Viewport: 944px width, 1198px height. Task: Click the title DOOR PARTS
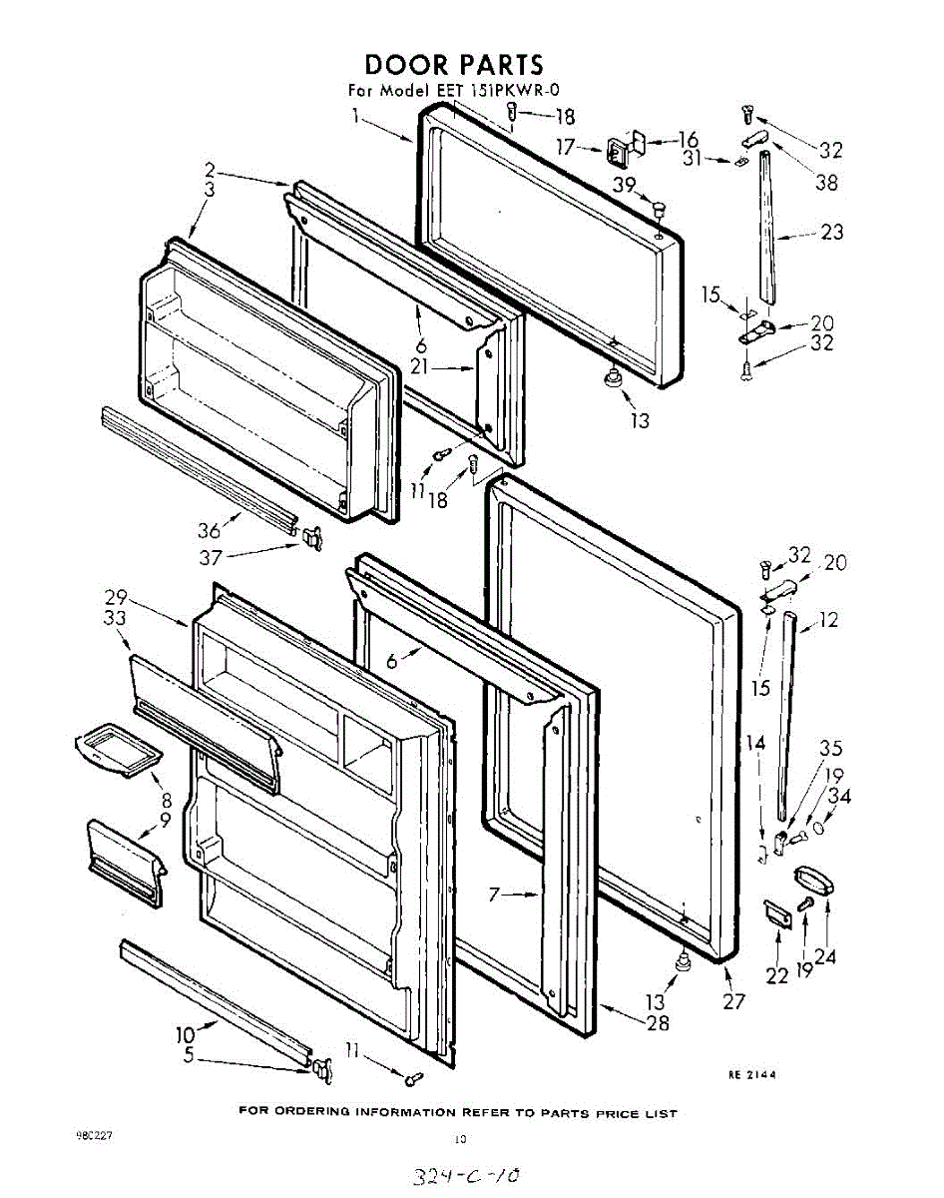click(x=453, y=66)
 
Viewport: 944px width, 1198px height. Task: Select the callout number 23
click(x=831, y=232)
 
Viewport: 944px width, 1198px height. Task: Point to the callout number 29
click(x=116, y=598)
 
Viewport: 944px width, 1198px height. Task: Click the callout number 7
click(x=493, y=895)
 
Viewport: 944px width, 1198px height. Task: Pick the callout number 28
click(x=657, y=1022)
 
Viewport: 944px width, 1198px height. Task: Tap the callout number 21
click(x=420, y=366)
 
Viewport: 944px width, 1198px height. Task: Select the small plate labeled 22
click(x=776, y=912)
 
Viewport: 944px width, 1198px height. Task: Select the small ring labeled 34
click(x=819, y=829)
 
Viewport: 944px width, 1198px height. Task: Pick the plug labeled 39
click(x=660, y=209)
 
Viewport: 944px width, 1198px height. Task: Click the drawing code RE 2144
click(x=751, y=1074)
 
